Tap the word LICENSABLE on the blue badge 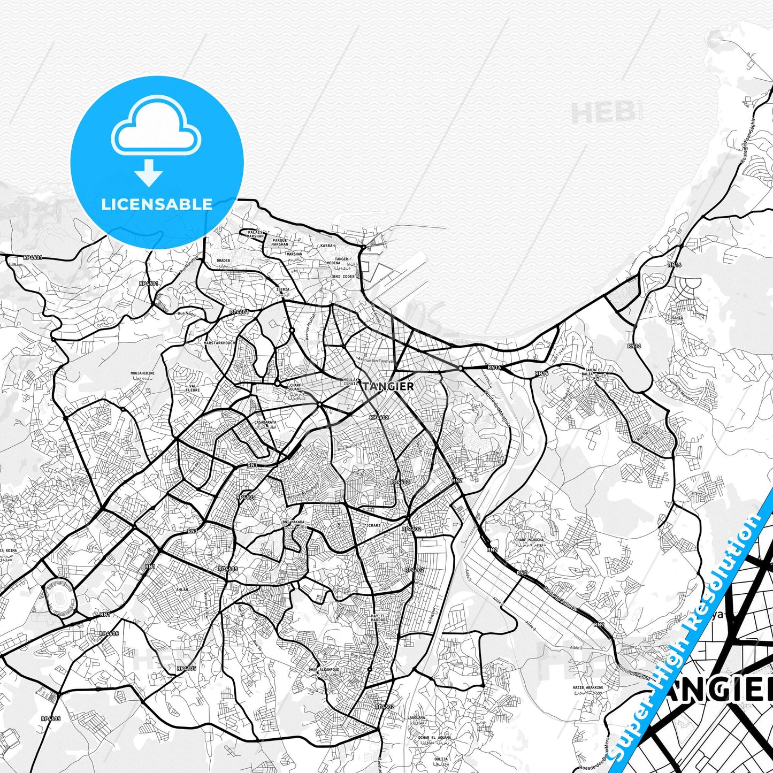(157, 204)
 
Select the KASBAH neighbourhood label (327, 246)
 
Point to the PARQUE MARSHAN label (280, 243)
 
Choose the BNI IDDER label (344, 277)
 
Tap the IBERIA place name (282, 289)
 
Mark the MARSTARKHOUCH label (219, 342)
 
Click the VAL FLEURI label (192, 387)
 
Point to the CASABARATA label (265, 422)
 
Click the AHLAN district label (182, 590)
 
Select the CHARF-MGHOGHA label (529, 540)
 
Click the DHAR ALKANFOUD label (324, 670)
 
